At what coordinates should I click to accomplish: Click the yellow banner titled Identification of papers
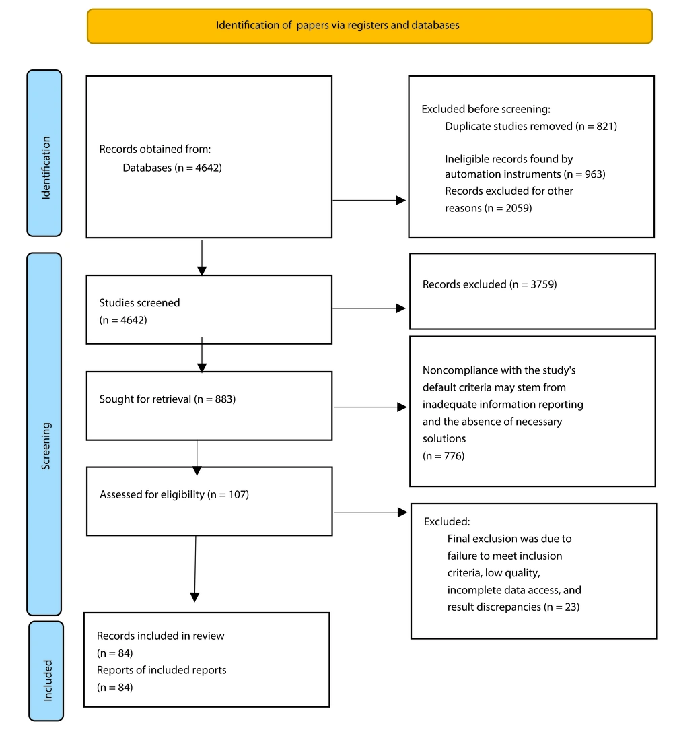tap(369, 26)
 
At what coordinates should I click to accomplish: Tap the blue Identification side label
tap(44, 153)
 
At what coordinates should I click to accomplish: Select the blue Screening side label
tap(44, 434)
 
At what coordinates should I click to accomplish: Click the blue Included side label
tap(46, 671)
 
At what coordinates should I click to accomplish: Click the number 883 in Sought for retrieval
tap(224, 399)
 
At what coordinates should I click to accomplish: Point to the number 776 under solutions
tap(453, 456)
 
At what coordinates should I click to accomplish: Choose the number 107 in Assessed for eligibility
tap(238, 494)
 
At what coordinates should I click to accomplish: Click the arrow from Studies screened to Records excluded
tap(369, 308)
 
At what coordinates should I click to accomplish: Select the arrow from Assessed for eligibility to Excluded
tap(371, 512)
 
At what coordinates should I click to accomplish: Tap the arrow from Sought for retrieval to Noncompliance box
tap(370, 407)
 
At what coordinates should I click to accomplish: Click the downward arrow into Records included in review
tap(195, 569)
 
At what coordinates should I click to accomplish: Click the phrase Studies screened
tap(139, 302)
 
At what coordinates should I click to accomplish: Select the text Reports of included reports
tap(162, 670)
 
